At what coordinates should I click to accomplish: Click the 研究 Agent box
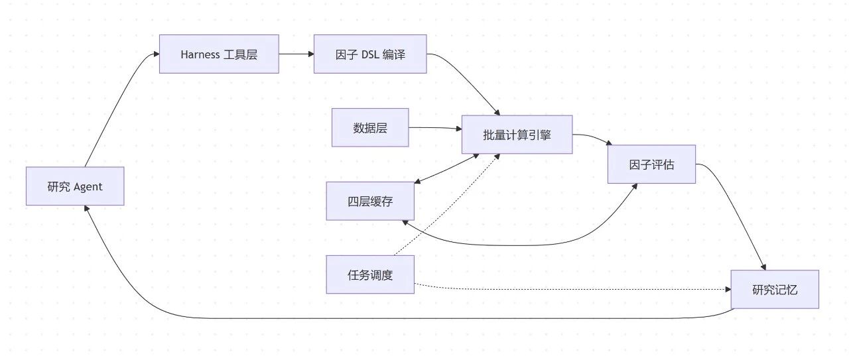coord(75,186)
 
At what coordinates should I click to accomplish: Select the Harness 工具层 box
coord(219,54)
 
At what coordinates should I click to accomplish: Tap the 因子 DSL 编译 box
coord(370,54)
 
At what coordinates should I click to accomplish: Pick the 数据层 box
coord(370,127)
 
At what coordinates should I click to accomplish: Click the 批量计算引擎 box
coord(517,135)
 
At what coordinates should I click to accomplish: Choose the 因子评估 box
coord(651,164)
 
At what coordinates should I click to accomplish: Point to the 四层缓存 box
coord(370,201)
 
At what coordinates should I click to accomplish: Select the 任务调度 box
coord(370,274)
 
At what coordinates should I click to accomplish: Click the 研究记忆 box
coord(775,289)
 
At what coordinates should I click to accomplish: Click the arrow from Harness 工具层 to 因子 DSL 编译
coord(296,54)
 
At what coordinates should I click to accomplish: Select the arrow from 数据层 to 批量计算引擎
coord(435,128)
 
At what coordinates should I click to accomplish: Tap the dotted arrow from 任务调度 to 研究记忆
coord(572,289)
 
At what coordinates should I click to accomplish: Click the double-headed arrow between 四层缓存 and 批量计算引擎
coord(446,168)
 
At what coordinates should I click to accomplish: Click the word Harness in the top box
coord(200,54)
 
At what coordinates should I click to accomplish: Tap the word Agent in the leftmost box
coord(88,187)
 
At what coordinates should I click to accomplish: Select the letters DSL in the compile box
coord(370,54)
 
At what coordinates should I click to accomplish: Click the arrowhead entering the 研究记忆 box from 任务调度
coord(728,289)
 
